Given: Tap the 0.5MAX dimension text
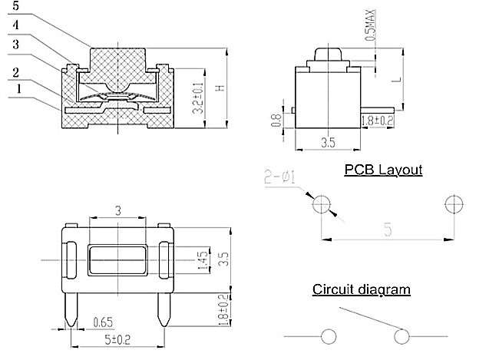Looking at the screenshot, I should [371, 25].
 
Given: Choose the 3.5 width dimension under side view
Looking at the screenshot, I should [329, 143].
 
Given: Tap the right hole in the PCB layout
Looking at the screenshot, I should [452, 203].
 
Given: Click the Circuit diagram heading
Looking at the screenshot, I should [361, 289].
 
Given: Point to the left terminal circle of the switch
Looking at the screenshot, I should [329, 336].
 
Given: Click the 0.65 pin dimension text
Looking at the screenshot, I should [104, 321].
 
